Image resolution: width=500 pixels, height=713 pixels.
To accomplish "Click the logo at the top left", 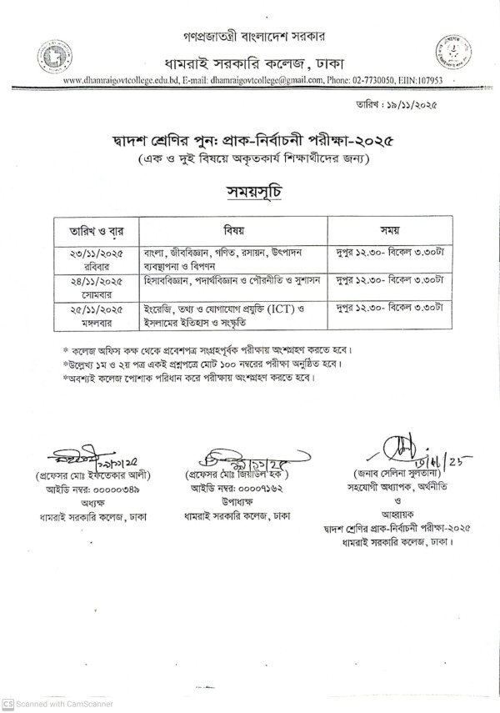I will click(53, 57).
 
